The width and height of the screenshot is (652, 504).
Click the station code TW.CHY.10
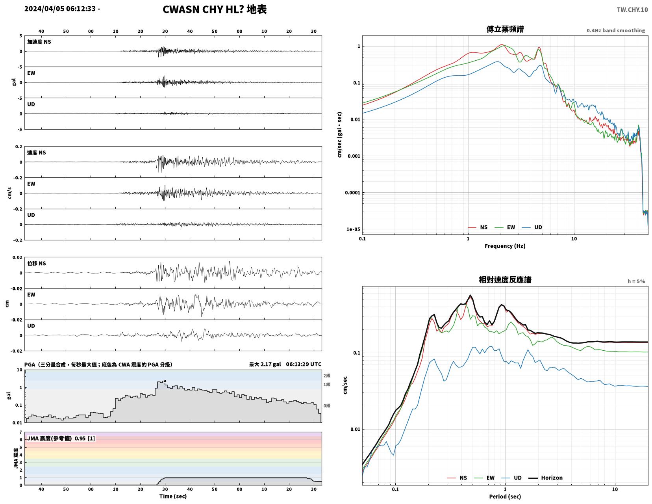632,9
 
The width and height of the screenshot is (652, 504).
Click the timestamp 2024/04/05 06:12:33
60,9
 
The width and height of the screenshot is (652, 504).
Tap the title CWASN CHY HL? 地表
214,9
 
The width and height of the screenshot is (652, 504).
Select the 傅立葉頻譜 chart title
505,29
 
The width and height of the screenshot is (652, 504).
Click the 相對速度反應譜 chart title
505,280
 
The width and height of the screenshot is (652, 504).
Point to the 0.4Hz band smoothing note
615,31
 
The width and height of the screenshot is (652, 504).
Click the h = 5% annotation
636,281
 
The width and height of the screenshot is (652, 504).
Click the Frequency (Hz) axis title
505,246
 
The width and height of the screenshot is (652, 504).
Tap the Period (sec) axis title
505,497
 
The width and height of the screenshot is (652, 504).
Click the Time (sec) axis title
173,496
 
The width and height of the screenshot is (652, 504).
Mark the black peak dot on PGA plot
165,381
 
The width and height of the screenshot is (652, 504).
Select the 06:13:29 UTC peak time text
303,364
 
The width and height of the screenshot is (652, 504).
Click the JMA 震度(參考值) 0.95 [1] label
61,438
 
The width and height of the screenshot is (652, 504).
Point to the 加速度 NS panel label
39,42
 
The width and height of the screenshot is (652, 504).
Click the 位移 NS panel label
37,263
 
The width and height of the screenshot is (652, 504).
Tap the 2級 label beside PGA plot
327,376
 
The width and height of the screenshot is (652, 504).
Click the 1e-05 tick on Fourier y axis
353,229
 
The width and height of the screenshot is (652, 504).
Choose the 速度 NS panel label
37,153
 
